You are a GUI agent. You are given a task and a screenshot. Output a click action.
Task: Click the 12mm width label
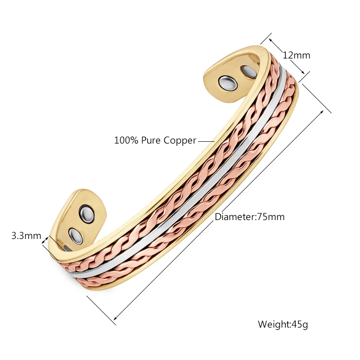[x=296, y=55]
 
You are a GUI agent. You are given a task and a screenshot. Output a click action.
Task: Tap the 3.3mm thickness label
[x=26, y=236]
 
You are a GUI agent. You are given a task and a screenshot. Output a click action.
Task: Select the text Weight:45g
[x=283, y=324]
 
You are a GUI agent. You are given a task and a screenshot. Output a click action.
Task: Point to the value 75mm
[x=271, y=217]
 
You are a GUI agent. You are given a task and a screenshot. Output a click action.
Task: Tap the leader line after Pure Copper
[x=206, y=141]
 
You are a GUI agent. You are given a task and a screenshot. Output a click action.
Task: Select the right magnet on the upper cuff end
[x=249, y=72]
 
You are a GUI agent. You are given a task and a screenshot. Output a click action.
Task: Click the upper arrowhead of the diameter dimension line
[x=322, y=112]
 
